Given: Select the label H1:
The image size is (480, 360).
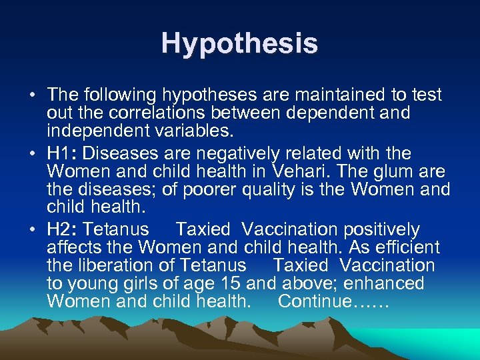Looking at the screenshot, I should pos(61,153).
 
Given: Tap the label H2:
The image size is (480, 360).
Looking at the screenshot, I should pos(61,229).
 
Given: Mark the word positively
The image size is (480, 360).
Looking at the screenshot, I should pos(381,229).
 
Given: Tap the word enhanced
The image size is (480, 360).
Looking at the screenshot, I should pos(385,283).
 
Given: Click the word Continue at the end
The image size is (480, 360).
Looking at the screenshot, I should pos(313,301).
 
